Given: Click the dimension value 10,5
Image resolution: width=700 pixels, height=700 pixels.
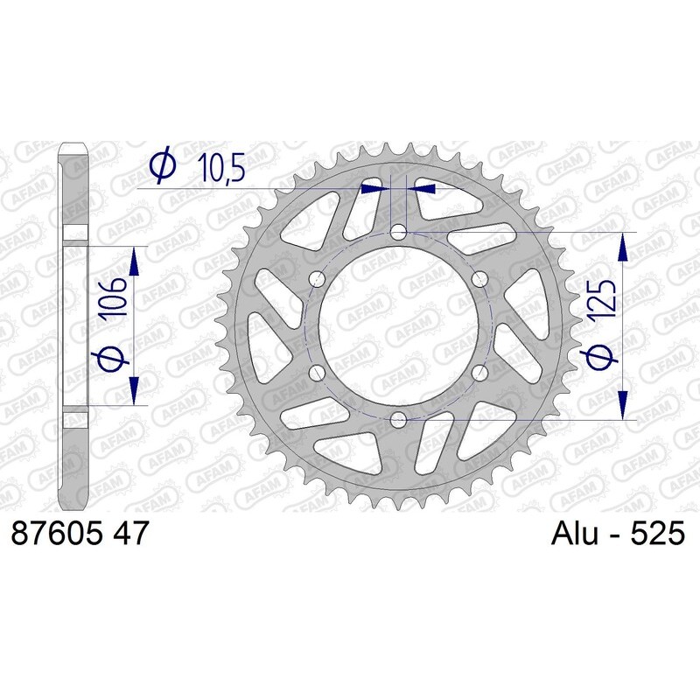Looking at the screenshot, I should point(223,167).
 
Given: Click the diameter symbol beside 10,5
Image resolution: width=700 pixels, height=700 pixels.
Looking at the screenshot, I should point(163,166).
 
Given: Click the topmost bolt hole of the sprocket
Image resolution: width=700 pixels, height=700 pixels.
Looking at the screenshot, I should point(397,232).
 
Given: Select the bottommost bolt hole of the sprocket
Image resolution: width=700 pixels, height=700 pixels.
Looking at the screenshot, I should point(397,417).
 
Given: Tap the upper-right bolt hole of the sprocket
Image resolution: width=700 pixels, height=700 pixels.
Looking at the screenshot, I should point(478,278).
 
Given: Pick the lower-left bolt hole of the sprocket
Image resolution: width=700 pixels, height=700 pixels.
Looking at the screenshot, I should point(317,371).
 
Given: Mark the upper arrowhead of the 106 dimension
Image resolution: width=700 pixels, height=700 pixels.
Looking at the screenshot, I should point(134,260).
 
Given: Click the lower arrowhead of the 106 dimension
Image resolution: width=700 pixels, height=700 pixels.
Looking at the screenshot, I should point(134,390).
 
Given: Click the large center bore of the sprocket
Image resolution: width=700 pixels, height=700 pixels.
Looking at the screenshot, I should point(397,325).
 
